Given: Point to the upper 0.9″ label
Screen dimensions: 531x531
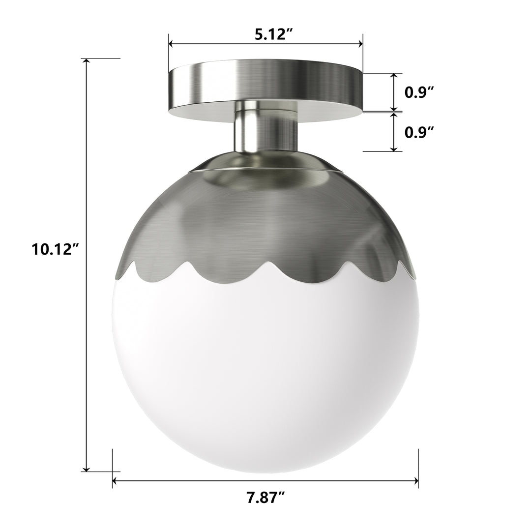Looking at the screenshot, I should click(x=419, y=92).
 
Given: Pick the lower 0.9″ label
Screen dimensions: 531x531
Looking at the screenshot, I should click(x=419, y=132).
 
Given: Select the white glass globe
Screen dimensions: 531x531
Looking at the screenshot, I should click(x=265, y=374).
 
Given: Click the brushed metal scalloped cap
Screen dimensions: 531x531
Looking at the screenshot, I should click(x=265, y=221).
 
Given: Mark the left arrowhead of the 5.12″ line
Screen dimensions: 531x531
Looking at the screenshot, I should click(x=172, y=44).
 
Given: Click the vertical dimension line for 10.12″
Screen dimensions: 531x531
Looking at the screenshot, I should click(x=87, y=344).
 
